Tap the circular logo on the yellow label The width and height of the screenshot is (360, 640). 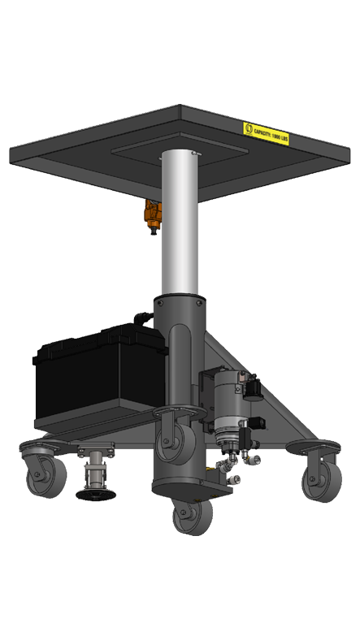(249, 128)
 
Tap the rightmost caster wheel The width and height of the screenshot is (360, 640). (312, 481)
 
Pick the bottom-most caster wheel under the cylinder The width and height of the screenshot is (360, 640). (192, 516)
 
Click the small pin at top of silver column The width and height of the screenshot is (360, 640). (194, 152)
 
